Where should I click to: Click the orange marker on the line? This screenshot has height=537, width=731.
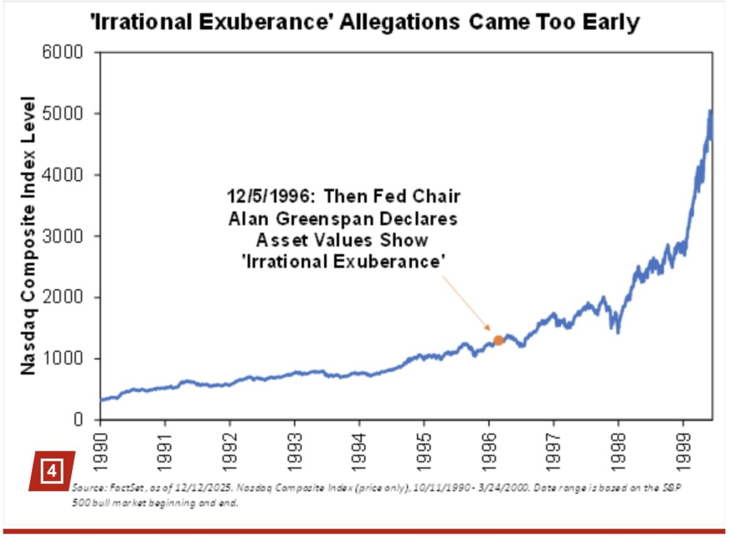498,340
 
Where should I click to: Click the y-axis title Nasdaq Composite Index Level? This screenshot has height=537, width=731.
29,236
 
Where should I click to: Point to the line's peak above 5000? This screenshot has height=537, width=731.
710,111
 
